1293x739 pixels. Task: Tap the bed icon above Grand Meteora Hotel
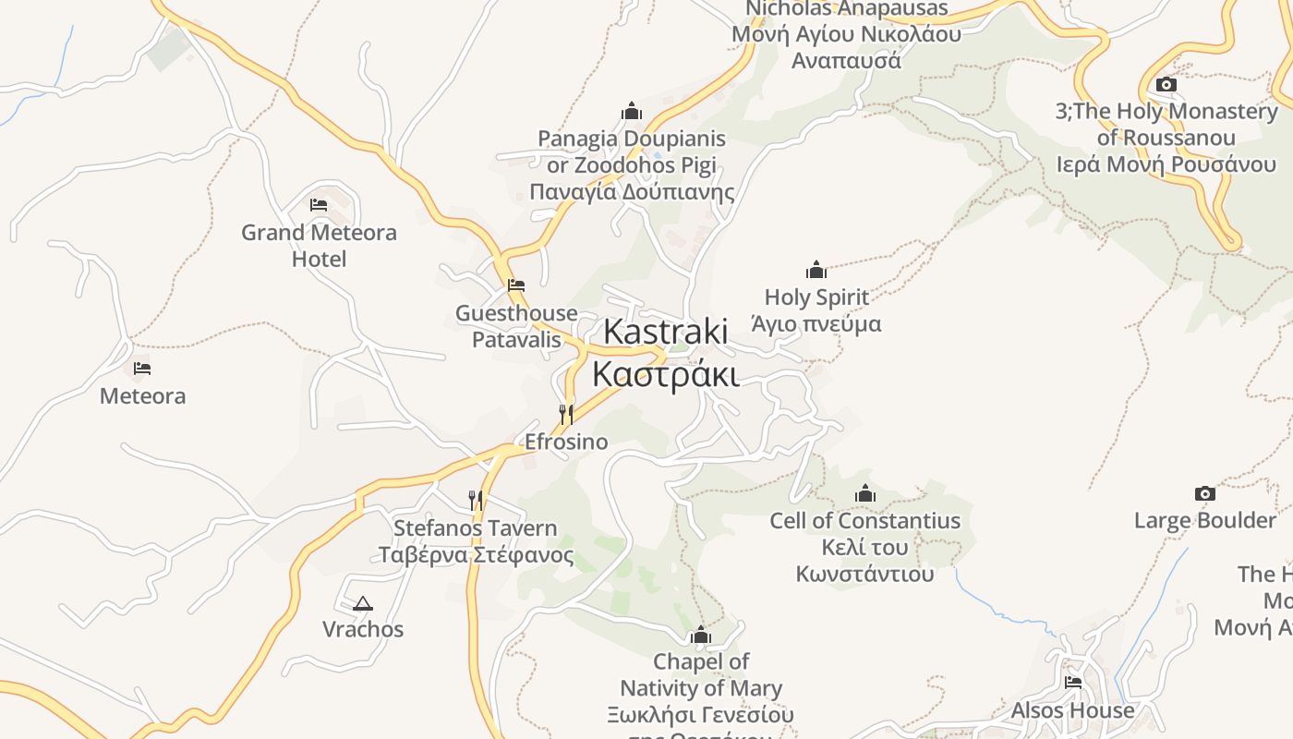pyautogui.click(x=319, y=204)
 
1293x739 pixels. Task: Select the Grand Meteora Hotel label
pyautogui.click(x=319, y=245)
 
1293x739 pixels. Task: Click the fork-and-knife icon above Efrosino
pyautogui.click(x=566, y=414)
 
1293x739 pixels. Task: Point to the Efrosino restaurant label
pyautogui.click(x=566, y=442)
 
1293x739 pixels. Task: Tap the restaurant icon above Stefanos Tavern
pyautogui.click(x=476, y=501)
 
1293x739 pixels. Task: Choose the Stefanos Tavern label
pyautogui.click(x=476, y=541)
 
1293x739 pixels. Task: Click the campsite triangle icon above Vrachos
pyautogui.click(x=362, y=604)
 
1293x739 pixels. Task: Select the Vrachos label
pyautogui.click(x=363, y=629)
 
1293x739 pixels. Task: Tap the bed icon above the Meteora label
pyautogui.click(x=141, y=368)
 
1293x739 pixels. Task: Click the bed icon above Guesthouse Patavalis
pyautogui.click(x=515, y=285)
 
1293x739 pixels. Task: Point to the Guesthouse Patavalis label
pyautogui.click(x=516, y=326)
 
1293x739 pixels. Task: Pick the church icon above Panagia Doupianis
pyautogui.click(x=632, y=112)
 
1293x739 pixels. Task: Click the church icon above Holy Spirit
pyautogui.click(x=816, y=270)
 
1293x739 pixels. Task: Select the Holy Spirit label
pyautogui.click(x=816, y=310)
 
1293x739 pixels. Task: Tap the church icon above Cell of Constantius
pyautogui.click(x=865, y=493)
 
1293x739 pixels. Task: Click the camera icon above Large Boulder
pyautogui.click(x=1204, y=493)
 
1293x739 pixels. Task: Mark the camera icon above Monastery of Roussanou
pyautogui.click(x=1166, y=85)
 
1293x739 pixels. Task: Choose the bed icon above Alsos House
pyautogui.click(x=1072, y=683)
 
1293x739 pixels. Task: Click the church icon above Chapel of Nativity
pyautogui.click(x=700, y=636)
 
